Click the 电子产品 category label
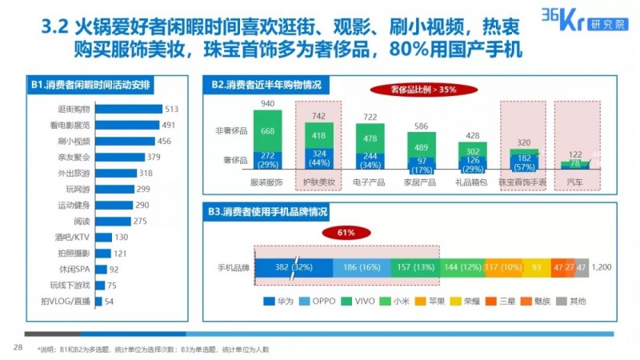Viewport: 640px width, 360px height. click(370, 182)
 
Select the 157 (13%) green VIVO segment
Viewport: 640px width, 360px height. click(417, 266)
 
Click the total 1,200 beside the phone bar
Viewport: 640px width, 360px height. click(603, 266)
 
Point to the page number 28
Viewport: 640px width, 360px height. click(17, 346)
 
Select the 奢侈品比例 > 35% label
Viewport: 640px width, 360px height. click(418, 89)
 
